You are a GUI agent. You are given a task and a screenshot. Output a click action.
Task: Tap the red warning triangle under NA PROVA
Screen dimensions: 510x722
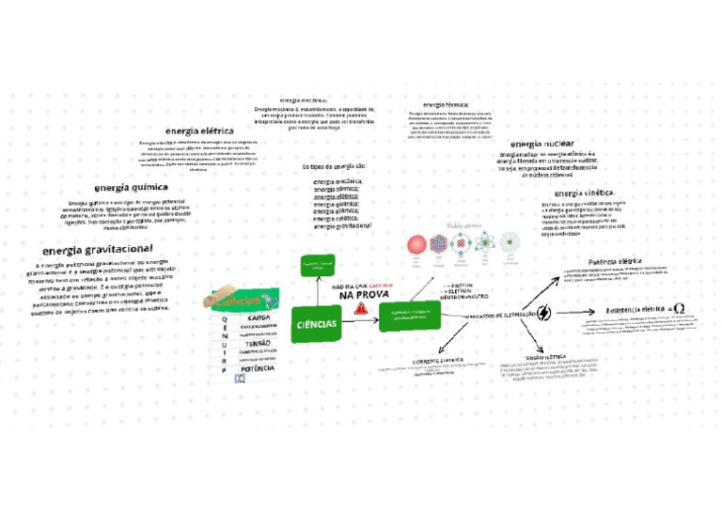(361, 307)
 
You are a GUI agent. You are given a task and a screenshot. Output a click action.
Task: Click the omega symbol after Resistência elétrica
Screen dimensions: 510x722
(679, 309)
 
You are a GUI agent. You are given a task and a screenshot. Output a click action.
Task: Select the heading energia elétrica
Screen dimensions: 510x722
(199, 131)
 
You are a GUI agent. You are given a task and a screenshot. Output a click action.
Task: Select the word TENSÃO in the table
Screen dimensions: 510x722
(257, 344)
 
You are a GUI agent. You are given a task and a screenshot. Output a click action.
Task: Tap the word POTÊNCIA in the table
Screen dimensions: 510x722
(258, 369)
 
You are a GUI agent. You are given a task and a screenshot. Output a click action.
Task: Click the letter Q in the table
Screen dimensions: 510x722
(223, 319)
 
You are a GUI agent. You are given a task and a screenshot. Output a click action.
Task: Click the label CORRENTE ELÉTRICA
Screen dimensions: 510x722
(439, 361)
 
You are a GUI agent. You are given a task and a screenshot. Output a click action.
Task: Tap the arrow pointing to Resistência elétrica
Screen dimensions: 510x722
(584, 312)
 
